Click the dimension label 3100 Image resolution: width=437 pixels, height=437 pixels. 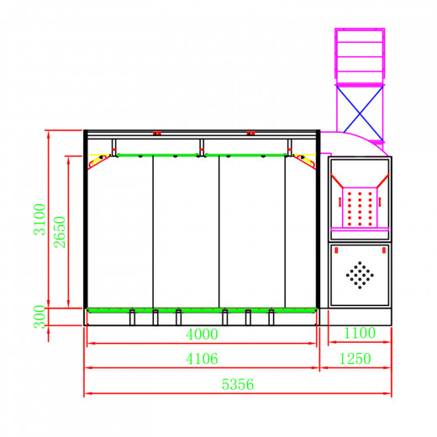click(x=39, y=219)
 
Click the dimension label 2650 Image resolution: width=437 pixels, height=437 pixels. click(x=60, y=232)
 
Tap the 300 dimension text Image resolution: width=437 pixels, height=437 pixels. click(x=39, y=317)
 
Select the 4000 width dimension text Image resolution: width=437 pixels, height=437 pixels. click(x=202, y=334)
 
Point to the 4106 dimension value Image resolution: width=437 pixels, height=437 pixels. click(x=202, y=359)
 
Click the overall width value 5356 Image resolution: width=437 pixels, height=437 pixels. click(x=238, y=384)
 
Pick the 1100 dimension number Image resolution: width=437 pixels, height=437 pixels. click(x=360, y=333)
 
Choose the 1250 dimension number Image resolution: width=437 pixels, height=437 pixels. click(x=355, y=359)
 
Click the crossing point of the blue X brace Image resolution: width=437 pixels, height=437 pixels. click(x=360, y=113)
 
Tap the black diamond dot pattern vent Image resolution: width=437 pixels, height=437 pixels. click(x=360, y=275)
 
